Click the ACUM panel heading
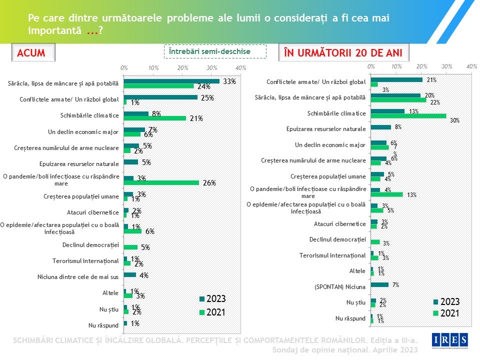click(31, 53)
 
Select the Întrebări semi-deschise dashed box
click(215, 51)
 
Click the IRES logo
click(450, 340)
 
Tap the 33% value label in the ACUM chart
click(229, 81)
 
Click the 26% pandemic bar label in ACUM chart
click(209, 183)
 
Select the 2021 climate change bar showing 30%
click(408, 116)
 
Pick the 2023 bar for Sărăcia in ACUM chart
click(171, 81)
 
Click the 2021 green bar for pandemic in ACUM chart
click(161, 183)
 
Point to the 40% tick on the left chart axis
click(240, 67)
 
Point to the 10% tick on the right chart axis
click(396, 66)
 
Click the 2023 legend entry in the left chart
click(212, 299)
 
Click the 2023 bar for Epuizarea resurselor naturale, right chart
click(381, 127)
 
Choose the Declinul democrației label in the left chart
click(90, 244)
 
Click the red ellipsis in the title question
click(92, 30)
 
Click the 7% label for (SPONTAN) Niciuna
click(395, 285)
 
